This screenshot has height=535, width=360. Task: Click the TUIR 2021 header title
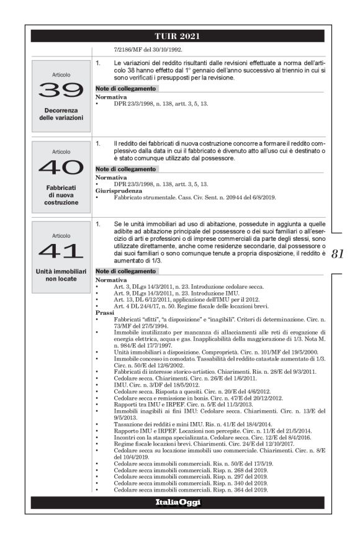coord(179,36)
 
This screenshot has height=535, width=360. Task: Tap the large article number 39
coord(61,90)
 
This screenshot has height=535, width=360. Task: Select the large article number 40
coord(61,167)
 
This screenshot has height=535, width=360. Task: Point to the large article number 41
coord(61,251)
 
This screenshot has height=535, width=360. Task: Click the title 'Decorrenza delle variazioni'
coord(61,114)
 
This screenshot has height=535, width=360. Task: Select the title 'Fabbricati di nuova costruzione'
coord(61,194)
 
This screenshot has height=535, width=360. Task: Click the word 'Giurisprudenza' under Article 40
coord(115,191)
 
